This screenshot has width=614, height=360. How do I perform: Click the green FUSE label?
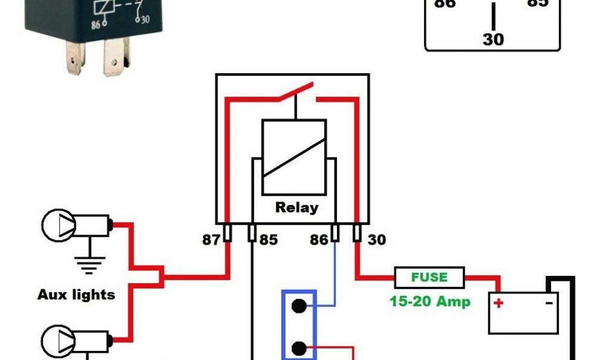tap(429, 277)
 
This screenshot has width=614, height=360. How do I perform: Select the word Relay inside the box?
tap(296, 208)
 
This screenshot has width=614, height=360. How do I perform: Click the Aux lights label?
tap(76, 295)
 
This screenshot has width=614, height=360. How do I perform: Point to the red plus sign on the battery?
tap(498, 303)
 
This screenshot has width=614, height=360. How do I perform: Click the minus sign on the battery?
tap(549, 303)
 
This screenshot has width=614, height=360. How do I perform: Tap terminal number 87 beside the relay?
tap(210, 240)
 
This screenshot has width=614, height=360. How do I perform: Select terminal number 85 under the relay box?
tap(268, 240)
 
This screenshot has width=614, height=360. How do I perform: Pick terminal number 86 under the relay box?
tap(318, 240)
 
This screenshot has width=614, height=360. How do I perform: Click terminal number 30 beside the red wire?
tap(376, 240)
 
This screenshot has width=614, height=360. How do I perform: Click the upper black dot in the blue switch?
tap(299, 305)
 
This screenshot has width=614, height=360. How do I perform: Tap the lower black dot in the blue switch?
tap(299, 347)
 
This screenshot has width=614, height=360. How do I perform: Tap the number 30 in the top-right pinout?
tap(493, 40)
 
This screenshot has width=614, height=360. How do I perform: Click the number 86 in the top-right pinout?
tap(444, 4)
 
